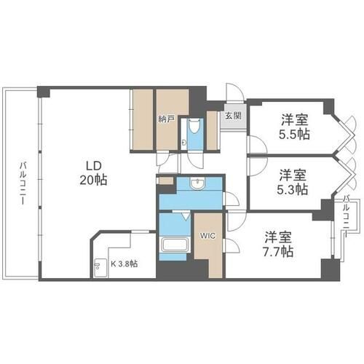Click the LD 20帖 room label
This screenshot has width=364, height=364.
(x=92, y=171)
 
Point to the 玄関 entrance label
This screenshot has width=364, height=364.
(x=232, y=115)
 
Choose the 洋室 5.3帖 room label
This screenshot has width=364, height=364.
(x=292, y=182)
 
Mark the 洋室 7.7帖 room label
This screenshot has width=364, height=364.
(x=279, y=244)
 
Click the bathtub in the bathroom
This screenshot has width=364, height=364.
(x=174, y=246)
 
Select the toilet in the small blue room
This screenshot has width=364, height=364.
(x=194, y=131)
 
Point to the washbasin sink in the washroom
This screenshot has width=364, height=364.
(x=197, y=184)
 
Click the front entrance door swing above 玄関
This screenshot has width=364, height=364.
(x=234, y=93)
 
